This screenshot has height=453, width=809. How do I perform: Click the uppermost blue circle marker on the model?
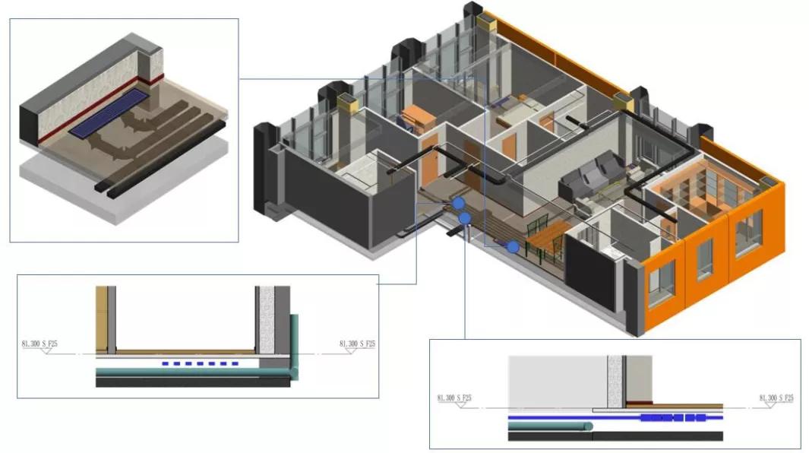click(458, 204)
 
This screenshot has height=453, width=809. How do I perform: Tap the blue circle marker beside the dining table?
click(514, 246)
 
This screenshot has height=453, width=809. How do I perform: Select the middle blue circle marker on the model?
click(465, 219)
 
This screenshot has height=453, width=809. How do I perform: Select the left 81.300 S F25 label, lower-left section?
click(40, 344)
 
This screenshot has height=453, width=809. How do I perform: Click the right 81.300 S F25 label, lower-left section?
click(357, 344)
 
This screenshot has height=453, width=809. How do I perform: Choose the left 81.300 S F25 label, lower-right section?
click(454, 398)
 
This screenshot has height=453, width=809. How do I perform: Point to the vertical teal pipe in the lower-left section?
click(294, 342)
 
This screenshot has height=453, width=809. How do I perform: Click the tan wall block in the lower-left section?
click(101, 319)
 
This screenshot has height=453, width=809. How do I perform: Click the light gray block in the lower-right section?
click(555, 380)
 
